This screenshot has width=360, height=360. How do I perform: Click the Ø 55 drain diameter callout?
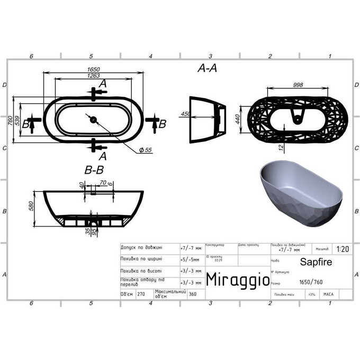(146, 150)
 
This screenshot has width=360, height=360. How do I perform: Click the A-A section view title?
(208, 68)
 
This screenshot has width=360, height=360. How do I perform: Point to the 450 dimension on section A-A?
(185, 114)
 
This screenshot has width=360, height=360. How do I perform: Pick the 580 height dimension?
(31, 206)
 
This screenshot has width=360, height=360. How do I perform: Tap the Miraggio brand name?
(237, 278)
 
